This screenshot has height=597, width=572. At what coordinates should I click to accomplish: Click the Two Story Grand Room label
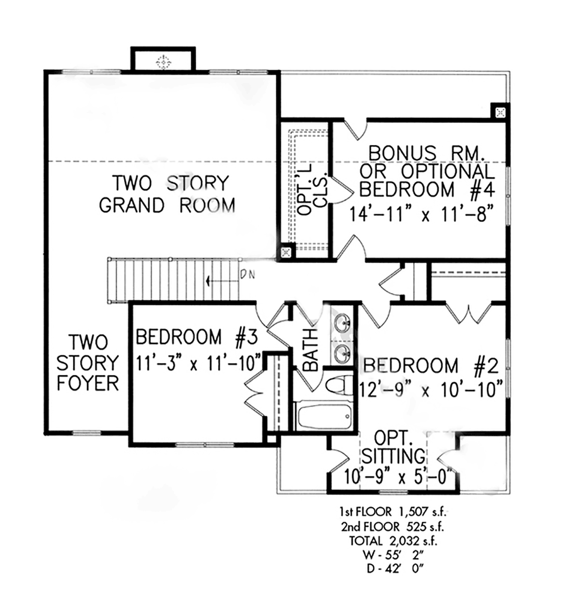click(x=167, y=194)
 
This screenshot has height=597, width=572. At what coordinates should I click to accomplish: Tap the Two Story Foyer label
click(x=88, y=362)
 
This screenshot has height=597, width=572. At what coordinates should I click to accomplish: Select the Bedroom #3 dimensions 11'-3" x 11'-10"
click(x=198, y=363)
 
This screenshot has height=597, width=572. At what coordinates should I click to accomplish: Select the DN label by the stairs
click(x=247, y=275)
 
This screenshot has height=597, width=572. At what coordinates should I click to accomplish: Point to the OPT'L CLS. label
click(x=313, y=190)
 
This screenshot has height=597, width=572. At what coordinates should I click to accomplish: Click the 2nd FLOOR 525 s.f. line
click(x=393, y=527)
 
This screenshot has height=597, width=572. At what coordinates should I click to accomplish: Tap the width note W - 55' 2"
click(x=394, y=555)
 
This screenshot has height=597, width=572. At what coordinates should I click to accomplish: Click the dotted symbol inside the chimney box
click(x=163, y=62)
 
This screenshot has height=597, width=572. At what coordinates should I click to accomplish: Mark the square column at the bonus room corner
click(x=500, y=113)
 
